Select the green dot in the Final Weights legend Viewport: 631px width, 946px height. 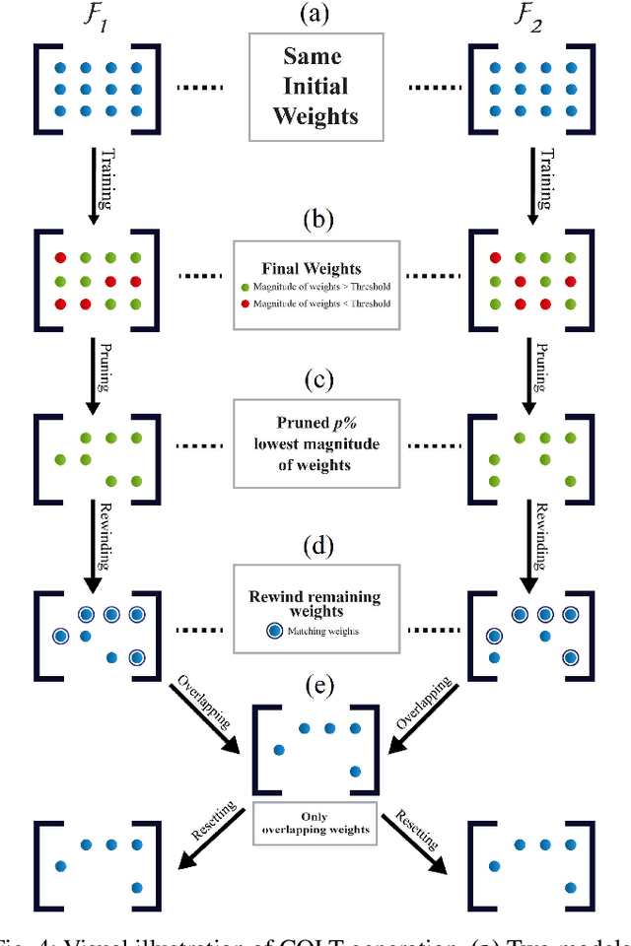click(x=245, y=286)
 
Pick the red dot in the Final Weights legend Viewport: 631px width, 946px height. click(x=245, y=303)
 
